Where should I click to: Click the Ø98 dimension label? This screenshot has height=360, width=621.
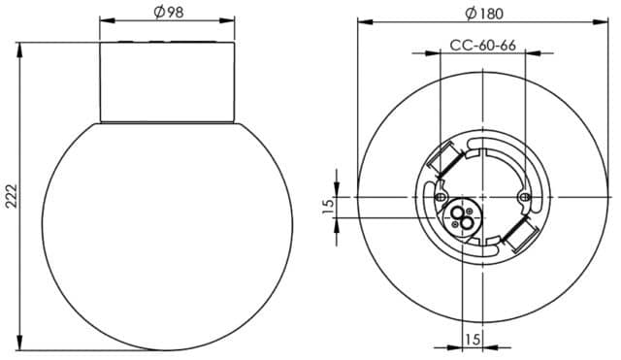(171, 12)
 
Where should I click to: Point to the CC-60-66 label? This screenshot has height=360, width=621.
(482, 46)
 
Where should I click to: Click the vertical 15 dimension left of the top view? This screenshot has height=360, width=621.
(328, 207)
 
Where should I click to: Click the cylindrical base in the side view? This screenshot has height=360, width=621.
(170, 82)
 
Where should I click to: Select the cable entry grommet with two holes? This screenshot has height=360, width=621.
(462, 218)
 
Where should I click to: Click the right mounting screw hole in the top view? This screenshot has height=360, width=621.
(524, 197)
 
